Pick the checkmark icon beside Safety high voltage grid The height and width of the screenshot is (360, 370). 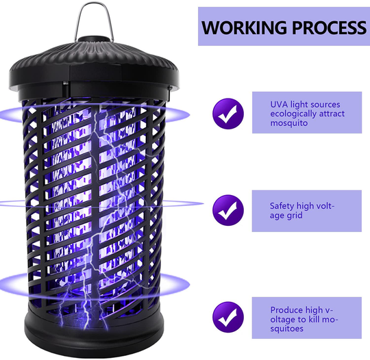pos(227,210)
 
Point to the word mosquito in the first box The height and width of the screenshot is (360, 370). pos(284,123)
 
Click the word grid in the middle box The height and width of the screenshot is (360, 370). pos(295,215)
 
